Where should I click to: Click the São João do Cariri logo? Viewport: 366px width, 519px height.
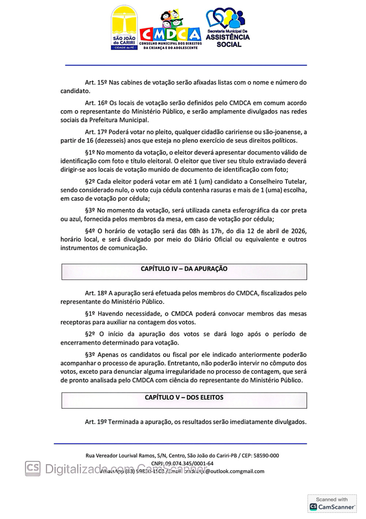click(124, 28)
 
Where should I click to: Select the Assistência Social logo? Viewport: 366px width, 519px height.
click(228, 28)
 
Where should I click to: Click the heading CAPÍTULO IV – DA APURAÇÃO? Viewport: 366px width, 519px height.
click(184, 269)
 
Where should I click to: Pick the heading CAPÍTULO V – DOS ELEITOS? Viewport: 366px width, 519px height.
click(184, 398)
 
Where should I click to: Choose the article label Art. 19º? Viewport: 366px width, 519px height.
click(96, 422)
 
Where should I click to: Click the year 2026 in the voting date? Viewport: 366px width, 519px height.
click(299, 231)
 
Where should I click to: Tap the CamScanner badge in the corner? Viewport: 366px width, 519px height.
click(332, 504)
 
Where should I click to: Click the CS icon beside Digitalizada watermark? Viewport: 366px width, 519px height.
click(33, 468)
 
